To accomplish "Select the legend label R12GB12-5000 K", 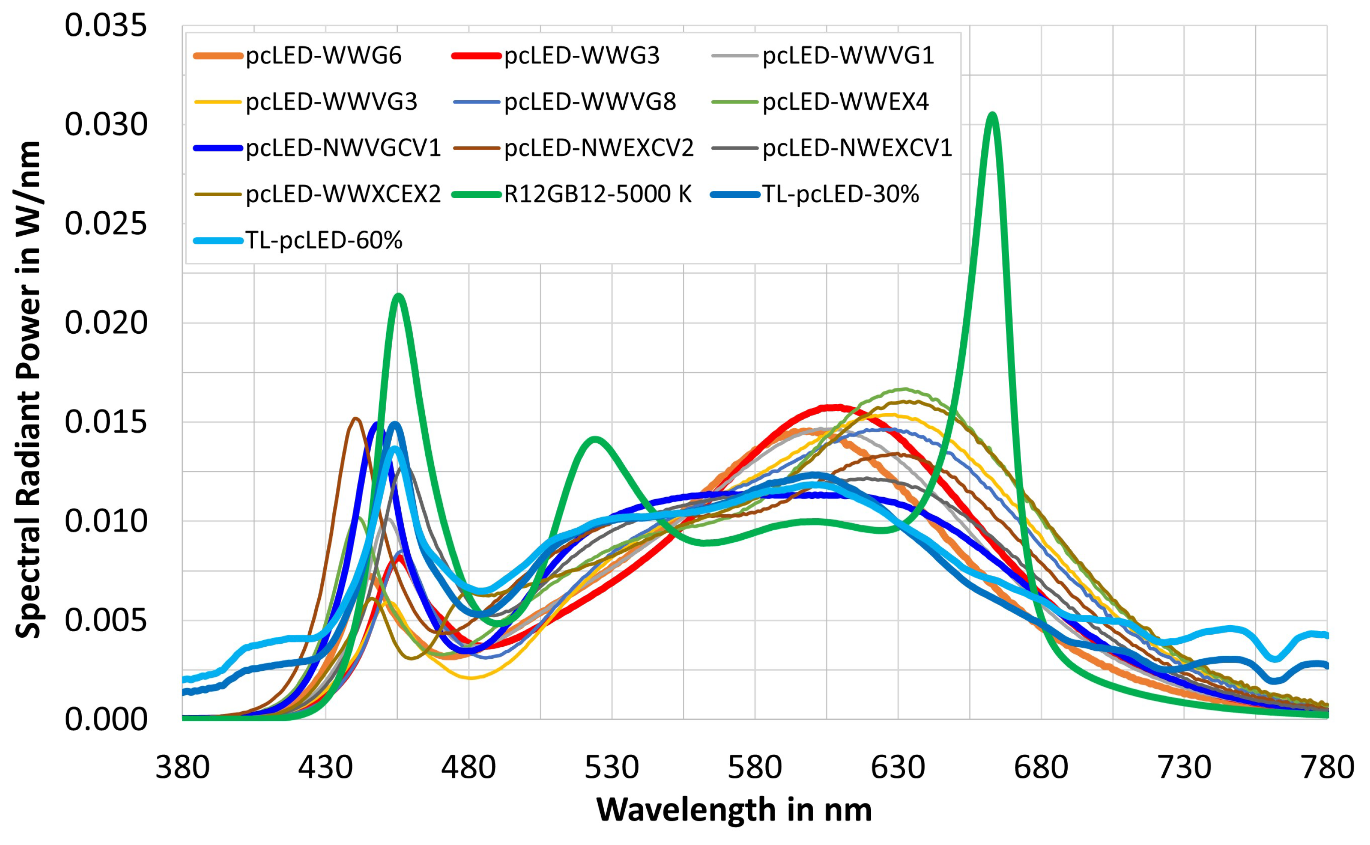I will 597,194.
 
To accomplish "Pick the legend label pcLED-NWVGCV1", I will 343,148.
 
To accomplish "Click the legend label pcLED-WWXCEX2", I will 343,194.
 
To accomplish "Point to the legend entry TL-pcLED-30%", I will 840,194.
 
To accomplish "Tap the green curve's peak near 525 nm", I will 595,439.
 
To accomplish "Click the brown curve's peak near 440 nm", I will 355,418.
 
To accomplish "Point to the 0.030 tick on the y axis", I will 106,125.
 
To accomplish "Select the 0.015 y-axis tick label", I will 106,422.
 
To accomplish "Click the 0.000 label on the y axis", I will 106,719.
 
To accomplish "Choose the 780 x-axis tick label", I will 1327,767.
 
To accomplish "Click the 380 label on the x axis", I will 182,767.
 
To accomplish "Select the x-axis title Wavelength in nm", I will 734,810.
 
